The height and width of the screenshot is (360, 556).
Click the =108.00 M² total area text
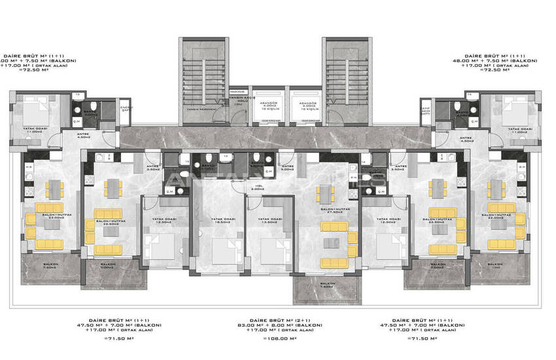278,338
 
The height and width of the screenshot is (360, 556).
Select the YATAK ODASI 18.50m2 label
219,221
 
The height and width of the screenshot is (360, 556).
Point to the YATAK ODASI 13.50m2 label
269,221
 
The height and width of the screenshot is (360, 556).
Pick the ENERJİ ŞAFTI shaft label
126,108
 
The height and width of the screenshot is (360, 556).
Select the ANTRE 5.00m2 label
287,168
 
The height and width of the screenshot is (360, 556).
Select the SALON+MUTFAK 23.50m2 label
438,220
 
